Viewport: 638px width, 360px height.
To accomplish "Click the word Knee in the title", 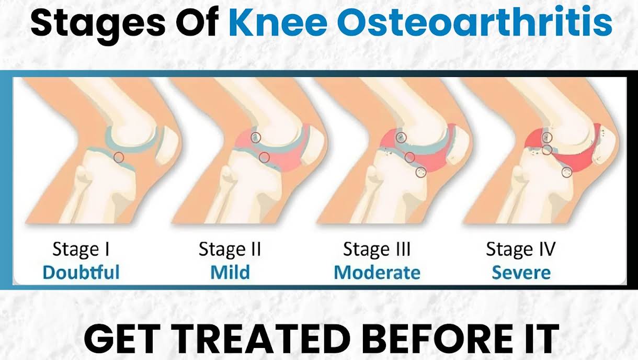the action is point(278,23).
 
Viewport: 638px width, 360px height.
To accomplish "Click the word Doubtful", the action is point(81,272).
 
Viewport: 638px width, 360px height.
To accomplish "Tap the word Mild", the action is point(230,272).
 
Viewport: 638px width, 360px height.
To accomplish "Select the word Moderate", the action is point(377,273).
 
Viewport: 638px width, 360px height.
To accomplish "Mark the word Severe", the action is point(521,273).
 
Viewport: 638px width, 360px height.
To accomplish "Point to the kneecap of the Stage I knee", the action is point(167,145).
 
